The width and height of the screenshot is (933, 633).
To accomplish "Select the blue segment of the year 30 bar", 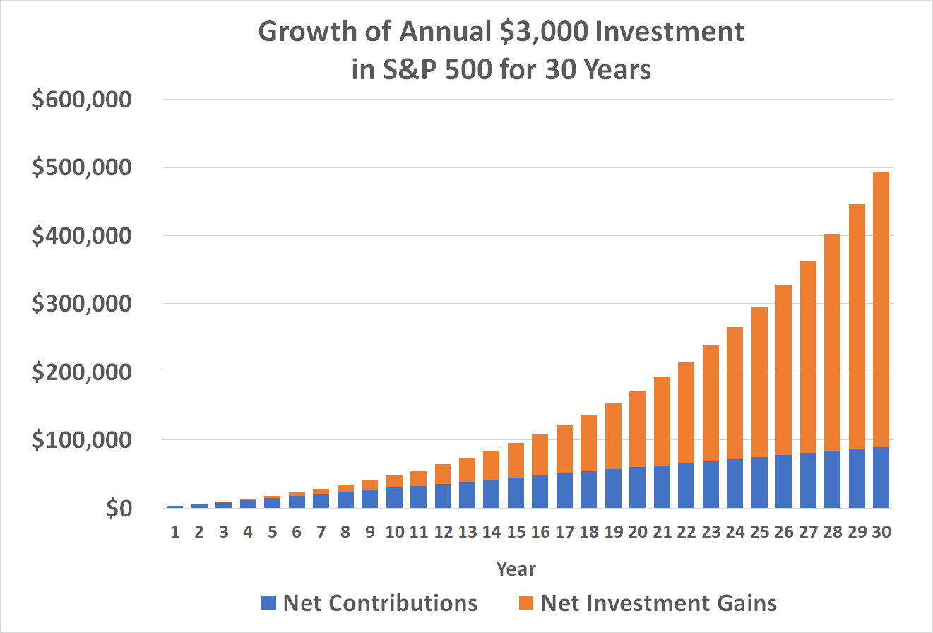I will tap(881, 478).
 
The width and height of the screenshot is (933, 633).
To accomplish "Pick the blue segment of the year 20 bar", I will tap(638, 487).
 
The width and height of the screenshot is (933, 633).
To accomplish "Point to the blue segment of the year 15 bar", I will tap(516, 492).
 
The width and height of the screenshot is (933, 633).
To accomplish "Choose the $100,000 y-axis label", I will tap(82, 441).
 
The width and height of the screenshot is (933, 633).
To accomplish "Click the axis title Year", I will tap(516, 569).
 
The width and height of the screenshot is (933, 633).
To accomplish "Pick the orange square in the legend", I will tap(526, 603).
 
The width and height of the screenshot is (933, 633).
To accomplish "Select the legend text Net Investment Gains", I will tap(658, 603).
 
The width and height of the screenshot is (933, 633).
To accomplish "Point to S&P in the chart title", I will tap(415, 70).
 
